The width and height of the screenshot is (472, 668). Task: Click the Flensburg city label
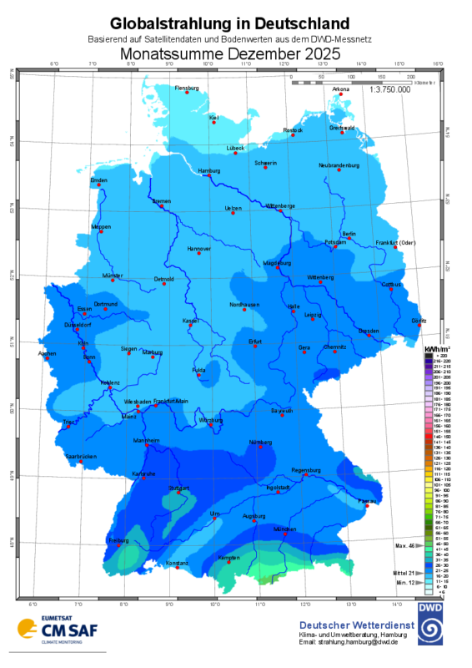[187, 88]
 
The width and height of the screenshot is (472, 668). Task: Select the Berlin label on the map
[349, 233]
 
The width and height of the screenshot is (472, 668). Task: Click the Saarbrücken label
[81, 457]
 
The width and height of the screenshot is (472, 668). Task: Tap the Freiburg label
[118, 540]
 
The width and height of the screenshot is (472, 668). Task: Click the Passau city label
[364, 500]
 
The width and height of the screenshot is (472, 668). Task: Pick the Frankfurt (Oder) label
[395, 242]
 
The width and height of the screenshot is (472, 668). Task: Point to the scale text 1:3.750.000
[389, 89]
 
